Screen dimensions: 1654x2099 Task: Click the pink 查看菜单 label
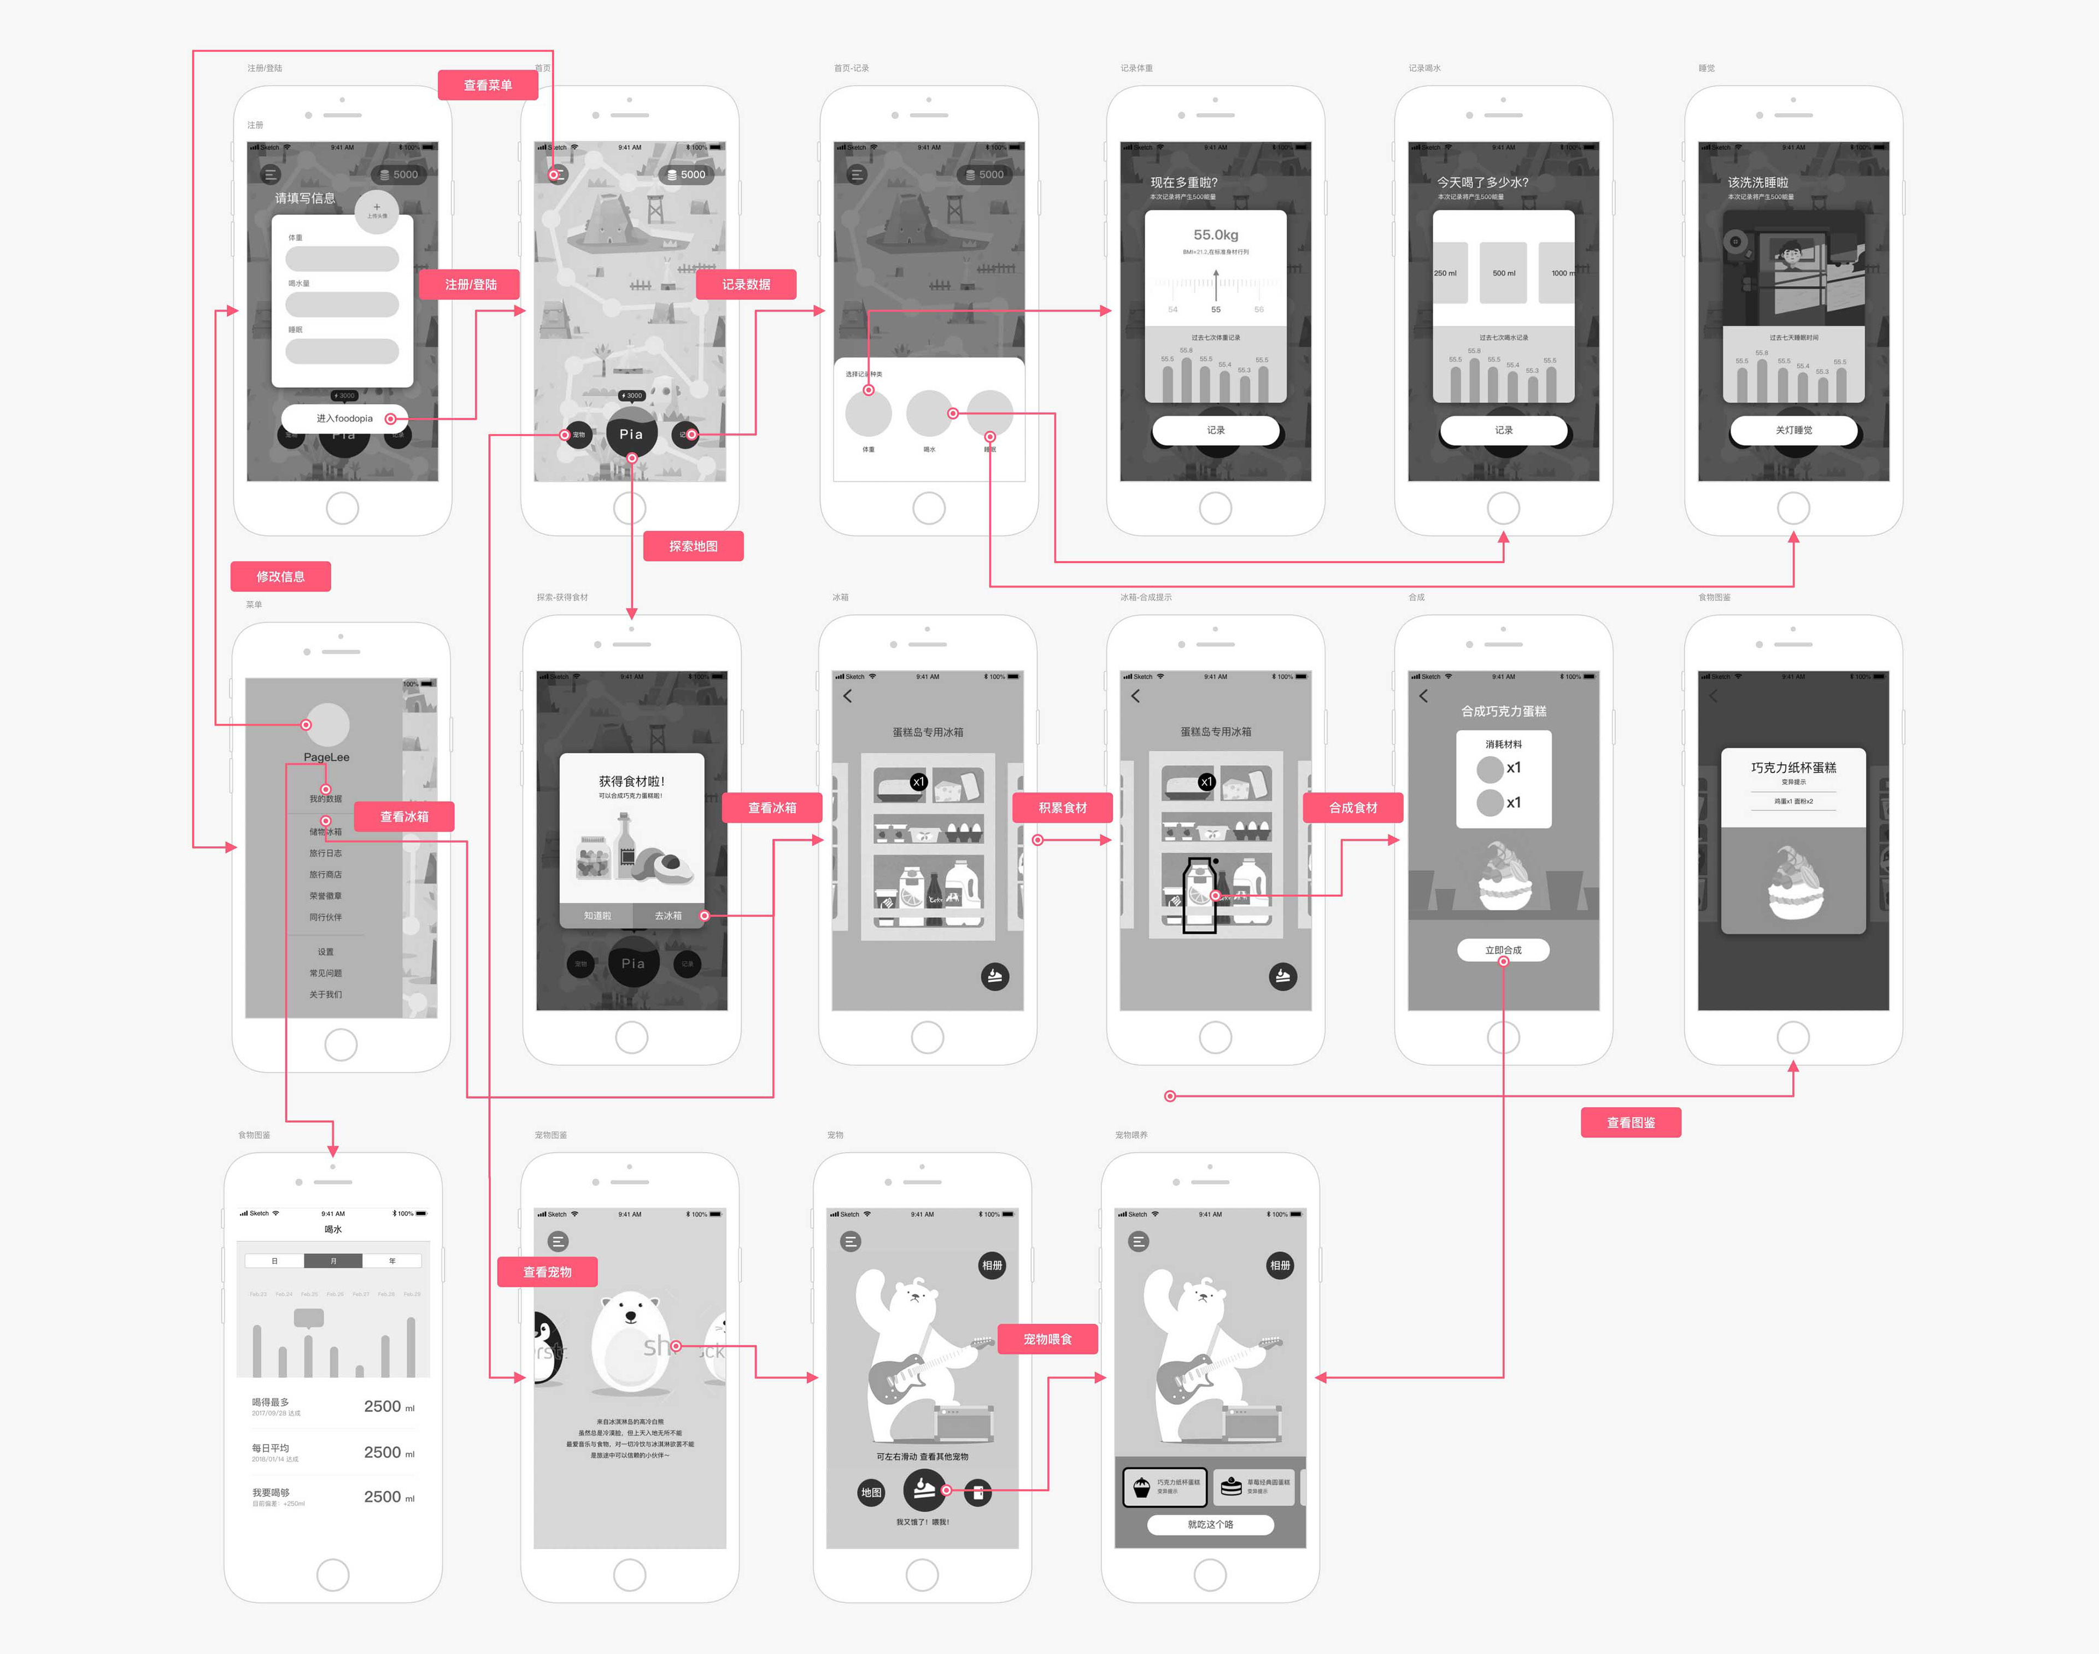[488, 85]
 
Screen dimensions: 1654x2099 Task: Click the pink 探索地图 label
[693, 546]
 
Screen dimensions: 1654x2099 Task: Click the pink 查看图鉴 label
[1631, 1122]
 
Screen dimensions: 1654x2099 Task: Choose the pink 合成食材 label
[1352, 808]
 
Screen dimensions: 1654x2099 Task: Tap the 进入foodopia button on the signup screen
[344, 418]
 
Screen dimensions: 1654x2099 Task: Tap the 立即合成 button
[1503, 950]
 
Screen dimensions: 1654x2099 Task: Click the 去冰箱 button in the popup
[668, 915]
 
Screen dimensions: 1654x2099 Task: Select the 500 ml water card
[1504, 273]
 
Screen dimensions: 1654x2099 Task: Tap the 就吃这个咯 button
[1210, 1524]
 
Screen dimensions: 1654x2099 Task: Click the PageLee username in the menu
[326, 757]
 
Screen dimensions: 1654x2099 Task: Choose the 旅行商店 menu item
[325, 875]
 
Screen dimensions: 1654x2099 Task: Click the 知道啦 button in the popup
[597, 915]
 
